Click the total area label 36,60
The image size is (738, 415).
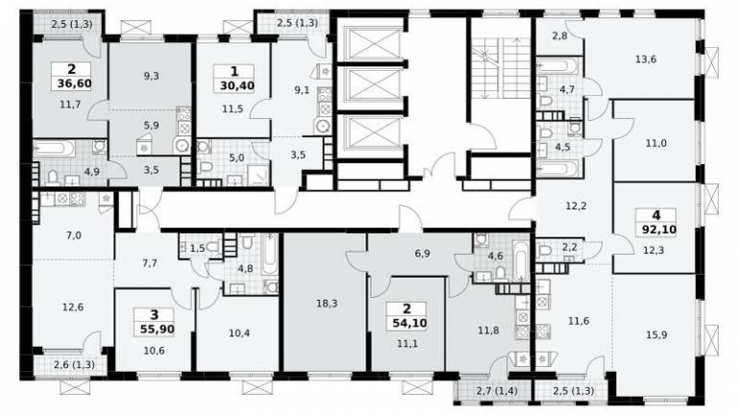pyautogui.click(x=74, y=85)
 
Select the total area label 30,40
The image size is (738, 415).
pyautogui.click(x=236, y=86)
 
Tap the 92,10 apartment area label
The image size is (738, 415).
pyautogui.click(x=659, y=230)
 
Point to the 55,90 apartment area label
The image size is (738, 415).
pyautogui.click(x=158, y=329)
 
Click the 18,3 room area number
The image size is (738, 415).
pyautogui.click(x=327, y=304)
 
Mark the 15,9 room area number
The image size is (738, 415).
pyautogui.click(x=656, y=335)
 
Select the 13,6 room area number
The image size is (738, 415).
pyautogui.click(x=646, y=60)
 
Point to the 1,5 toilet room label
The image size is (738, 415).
pyautogui.click(x=198, y=249)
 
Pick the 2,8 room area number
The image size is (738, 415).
pyautogui.click(x=559, y=35)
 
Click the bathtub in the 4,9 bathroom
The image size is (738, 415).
pyautogui.click(x=54, y=149)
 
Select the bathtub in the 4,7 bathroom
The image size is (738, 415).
pyautogui.click(x=556, y=65)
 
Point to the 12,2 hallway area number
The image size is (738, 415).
pyautogui.click(x=577, y=206)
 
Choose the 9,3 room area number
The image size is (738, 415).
pyautogui.click(x=151, y=76)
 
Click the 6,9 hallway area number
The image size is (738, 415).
pyautogui.click(x=423, y=254)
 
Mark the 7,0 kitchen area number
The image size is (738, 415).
pyautogui.click(x=74, y=235)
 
